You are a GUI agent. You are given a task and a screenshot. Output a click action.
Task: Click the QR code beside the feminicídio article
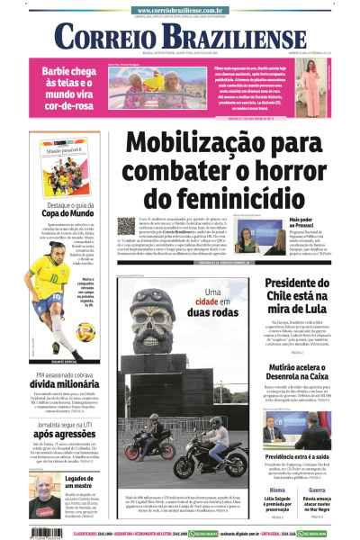pos(127,226)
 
